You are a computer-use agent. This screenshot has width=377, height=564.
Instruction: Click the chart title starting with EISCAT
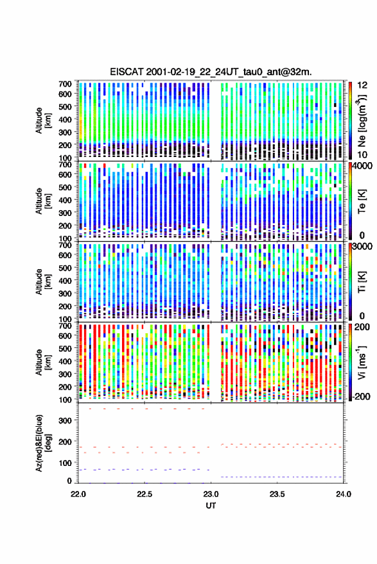211,72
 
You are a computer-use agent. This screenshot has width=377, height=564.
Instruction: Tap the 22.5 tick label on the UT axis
144,494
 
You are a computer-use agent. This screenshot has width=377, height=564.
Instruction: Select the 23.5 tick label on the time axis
277,494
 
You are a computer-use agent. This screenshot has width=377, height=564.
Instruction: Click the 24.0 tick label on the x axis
344,494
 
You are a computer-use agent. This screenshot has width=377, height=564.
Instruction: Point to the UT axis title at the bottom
211,506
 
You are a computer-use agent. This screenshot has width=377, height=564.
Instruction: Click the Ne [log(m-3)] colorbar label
362,121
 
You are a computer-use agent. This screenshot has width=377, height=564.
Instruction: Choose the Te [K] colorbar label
362,202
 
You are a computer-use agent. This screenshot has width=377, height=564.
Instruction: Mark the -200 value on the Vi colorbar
361,397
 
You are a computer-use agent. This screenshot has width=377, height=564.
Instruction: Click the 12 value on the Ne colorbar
362,85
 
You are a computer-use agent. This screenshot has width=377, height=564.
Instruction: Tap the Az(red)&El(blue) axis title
43,443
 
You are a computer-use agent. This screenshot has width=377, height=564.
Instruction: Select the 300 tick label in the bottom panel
66,421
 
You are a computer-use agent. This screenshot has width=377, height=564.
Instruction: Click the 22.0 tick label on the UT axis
78,494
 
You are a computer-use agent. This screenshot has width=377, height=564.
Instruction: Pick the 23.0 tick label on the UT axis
211,494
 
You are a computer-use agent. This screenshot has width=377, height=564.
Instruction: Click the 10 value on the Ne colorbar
362,154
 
